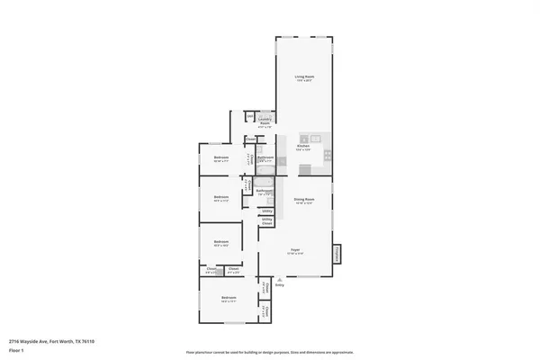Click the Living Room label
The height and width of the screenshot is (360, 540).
[304, 77]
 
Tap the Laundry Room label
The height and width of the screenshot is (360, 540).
[265, 118]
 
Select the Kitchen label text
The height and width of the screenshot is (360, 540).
[304, 146]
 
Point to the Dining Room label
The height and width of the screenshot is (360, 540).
[304, 198]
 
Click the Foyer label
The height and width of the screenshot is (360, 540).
[294, 249]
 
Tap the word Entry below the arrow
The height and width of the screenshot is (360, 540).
[279, 285]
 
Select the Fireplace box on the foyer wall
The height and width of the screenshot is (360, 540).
[337, 254]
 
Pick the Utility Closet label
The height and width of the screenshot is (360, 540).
[267, 220]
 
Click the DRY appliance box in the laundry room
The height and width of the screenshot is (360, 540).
[249, 116]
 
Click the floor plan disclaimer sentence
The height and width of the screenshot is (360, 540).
[270, 350]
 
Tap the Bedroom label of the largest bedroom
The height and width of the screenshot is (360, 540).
[229, 297]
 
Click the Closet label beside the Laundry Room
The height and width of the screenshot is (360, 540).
[251, 139]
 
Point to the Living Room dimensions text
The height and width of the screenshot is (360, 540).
[304, 82]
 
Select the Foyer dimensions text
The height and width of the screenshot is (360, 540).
[294, 254]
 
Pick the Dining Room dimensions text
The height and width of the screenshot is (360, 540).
[304, 202]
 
